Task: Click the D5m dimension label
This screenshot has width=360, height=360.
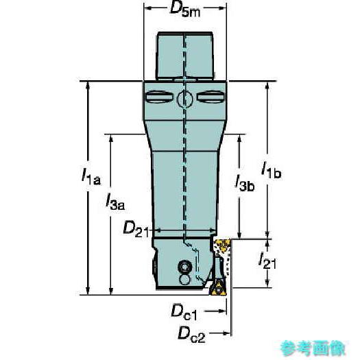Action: tap(184, 10)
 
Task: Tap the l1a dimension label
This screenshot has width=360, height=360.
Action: tap(91, 177)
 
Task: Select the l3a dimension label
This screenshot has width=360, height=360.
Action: tap(115, 202)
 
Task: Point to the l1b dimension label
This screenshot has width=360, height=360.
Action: tap(271, 170)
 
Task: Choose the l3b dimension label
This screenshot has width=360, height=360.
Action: tap(245, 183)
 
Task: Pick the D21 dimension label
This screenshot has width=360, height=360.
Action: tap(136, 228)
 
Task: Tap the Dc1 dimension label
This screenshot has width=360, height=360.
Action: tap(184, 312)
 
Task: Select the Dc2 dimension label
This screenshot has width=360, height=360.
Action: tap(191, 335)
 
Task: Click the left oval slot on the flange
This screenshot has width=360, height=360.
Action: tap(159, 97)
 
